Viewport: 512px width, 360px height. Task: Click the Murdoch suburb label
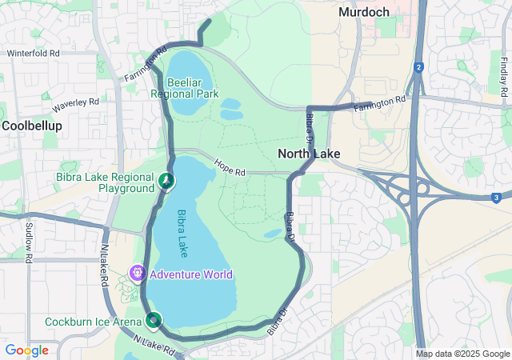pyautogui.click(x=363, y=12)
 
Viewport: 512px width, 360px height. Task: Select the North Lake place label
pyautogui.click(x=309, y=154)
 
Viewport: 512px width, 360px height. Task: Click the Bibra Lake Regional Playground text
pyautogui.click(x=105, y=182)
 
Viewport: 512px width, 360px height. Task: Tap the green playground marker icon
pyautogui.click(x=166, y=182)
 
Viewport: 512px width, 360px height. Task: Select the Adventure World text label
pyautogui.click(x=191, y=274)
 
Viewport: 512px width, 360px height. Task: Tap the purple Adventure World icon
pyautogui.click(x=138, y=274)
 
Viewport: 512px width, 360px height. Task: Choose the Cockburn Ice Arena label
pyautogui.click(x=92, y=321)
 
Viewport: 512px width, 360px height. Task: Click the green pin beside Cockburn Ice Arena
pyautogui.click(x=153, y=321)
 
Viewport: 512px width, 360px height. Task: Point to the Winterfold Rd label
pyautogui.click(x=33, y=54)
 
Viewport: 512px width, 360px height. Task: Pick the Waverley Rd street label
pyautogui.click(x=75, y=104)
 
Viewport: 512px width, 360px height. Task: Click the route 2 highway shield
pyautogui.click(x=418, y=68)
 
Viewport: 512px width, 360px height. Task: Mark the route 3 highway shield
pyautogui.click(x=496, y=197)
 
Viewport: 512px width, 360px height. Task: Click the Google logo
pyautogui.click(x=26, y=350)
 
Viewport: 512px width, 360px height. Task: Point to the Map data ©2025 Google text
pyautogui.click(x=462, y=354)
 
